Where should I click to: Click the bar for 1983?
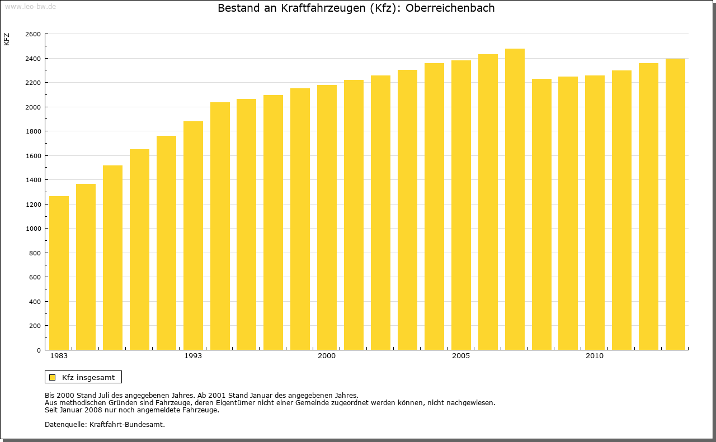click(59, 273)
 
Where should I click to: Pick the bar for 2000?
click(327, 217)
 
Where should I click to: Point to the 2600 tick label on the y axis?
click(33, 34)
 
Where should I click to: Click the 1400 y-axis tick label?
click(33, 180)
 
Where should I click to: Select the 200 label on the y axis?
click(35, 326)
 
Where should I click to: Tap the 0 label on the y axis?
click(38, 350)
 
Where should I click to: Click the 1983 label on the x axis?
click(59, 356)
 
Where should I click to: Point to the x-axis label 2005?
click(461, 356)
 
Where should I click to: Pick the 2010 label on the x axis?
click(595, 356)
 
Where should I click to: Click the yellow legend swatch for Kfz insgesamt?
click(53, 377)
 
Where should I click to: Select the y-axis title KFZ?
click(7, 40)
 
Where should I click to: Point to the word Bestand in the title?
click(238, 8)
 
